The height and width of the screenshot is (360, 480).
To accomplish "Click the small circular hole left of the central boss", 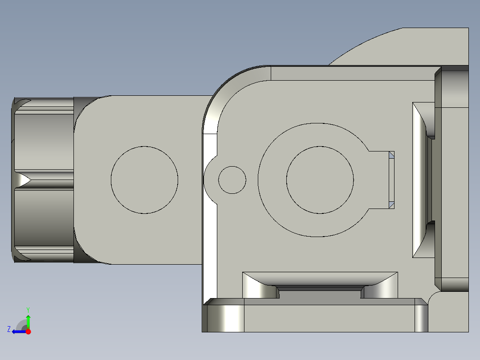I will coord(232,180).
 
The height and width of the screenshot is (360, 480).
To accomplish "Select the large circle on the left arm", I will coord(144,180).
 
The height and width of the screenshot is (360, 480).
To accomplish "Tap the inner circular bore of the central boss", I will coord(320,180).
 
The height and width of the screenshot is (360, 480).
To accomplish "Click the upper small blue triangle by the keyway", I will coord(391,155).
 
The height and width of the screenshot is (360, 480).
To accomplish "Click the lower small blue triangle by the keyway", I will coord(391,205).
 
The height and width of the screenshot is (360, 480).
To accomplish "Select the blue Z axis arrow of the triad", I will coord(18,331).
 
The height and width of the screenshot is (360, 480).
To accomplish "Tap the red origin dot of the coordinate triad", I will coord(28,331).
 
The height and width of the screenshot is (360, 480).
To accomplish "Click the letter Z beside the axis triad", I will coord(9,329).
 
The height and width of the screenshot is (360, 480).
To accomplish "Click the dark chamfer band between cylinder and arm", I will coord(80,180).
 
